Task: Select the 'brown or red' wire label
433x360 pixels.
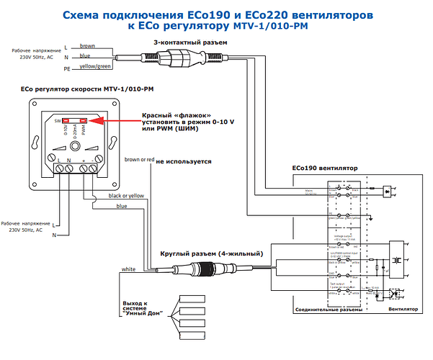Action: [x=138, y=159]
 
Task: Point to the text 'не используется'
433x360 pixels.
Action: [x=184, y=161]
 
